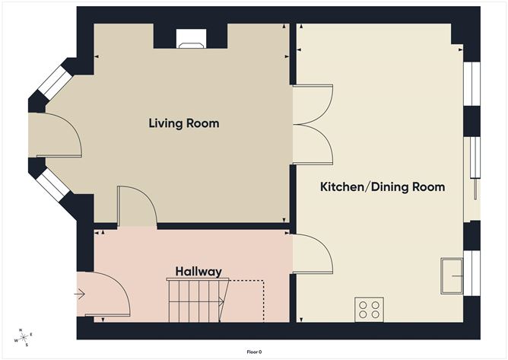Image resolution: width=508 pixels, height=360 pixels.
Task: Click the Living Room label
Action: click(x=184, y=123)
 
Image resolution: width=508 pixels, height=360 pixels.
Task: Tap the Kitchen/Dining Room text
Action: click(x=382, y=186)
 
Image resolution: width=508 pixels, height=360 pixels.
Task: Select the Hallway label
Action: click(x=198, y=272)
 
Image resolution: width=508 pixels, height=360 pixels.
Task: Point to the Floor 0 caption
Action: click(x=254, y=352)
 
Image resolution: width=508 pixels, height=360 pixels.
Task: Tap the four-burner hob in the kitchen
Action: click(x=369, y=309)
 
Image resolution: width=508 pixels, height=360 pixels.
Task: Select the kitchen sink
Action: click(x=452, y=276)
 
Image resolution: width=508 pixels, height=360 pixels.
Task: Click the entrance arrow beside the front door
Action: click(x=80, y=292)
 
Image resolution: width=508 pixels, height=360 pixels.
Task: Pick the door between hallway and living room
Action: click(x=135, y=207)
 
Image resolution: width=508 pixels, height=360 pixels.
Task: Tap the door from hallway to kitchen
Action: click(x=312, y=253)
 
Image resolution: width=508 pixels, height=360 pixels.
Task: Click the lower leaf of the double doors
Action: click(x=312, y=145)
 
